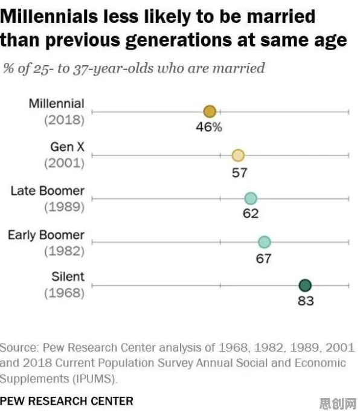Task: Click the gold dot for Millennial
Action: click(210, 111)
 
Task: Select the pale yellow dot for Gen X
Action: click(238, 155)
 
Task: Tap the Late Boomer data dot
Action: click(251, 199)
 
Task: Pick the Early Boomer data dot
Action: click(264, 242)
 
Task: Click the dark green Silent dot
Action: click(305, 285)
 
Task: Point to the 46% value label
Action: click(209, 127)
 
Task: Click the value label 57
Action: click(240, 173)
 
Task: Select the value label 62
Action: click(251, 213)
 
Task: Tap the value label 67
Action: click(263, 259)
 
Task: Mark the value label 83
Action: click(306, 301)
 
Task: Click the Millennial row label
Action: click(57, 103)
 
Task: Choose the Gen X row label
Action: click(67, 147)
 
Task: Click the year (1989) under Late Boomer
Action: click(64, 207)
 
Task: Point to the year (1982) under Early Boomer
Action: click(64, 251)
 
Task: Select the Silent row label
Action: click(68, 277)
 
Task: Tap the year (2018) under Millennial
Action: click(64, 120)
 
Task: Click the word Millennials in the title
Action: click(49, 16)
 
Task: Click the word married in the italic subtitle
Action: click(239, 68)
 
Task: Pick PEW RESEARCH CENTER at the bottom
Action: click(66, 401)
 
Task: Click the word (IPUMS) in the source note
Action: click(95, 379)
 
